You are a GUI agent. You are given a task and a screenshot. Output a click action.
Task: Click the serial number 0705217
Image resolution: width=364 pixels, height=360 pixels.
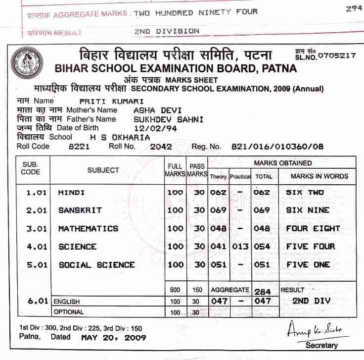(x=337, y=55)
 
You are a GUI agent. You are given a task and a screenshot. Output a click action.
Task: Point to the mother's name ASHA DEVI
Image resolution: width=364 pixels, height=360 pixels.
(x=150, y=110)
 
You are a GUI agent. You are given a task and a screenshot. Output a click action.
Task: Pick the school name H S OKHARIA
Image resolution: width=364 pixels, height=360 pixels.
(x=120, y=137)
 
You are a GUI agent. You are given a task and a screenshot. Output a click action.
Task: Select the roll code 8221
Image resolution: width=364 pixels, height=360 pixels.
(x=79, y=147)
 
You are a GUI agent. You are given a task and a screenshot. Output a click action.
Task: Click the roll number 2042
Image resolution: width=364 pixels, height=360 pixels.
(x=161, y=147)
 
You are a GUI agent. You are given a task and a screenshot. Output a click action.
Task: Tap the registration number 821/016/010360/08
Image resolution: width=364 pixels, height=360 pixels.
(x=277, y=147)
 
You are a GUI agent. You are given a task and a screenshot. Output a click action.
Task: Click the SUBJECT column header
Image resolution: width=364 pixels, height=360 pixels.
(x=103, y=170)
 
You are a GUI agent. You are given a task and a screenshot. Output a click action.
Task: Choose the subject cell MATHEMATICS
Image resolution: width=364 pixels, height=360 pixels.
(x=88, y=228)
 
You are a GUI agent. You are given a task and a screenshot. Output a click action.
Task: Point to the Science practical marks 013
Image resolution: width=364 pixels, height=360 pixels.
(x=240, y=247)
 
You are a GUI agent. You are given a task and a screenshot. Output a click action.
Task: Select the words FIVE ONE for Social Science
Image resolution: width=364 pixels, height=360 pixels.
(x=308, y=264)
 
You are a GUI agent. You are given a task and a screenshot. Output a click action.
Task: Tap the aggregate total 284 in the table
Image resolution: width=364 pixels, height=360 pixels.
(x=263, y=291)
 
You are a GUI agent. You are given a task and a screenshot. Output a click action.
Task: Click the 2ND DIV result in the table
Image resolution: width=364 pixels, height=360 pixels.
(x=311, y=301)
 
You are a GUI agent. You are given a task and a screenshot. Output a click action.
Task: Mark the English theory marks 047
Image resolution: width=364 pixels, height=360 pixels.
(x=219, y=301)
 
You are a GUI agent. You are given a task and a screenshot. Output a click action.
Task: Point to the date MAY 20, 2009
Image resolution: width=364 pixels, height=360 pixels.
(x=113, y=337)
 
